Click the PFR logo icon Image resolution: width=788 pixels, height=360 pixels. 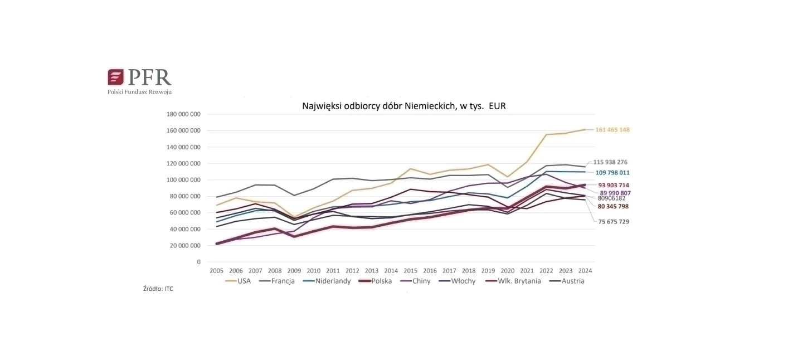tap(115, 77)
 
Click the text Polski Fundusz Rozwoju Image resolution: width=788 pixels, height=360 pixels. tap(139, 91)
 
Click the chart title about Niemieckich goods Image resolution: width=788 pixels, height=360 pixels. tap(403, 105)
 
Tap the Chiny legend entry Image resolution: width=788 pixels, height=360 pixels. tap(421, 281)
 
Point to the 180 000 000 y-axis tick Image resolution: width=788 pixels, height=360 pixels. tap(183, 114)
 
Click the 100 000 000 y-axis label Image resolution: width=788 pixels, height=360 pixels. tap(183, 180)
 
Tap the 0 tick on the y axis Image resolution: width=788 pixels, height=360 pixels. tap(198, 262)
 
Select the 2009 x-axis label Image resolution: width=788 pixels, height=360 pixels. tap(294, 271)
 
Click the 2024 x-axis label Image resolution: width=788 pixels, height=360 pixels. tap(585, 271)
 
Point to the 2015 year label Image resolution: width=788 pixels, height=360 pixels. tap(410, 271)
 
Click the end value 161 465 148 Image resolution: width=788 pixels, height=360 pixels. tap(612, 130)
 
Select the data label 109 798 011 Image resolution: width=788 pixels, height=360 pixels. tap(612, 173)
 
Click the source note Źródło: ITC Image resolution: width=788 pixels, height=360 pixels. tap(158, 289)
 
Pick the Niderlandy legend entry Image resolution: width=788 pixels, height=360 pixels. tap(333, 281)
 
